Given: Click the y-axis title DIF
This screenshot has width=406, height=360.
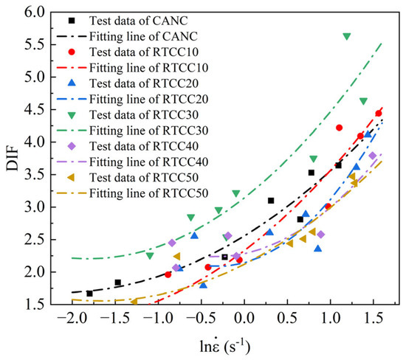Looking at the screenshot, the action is point(13,159).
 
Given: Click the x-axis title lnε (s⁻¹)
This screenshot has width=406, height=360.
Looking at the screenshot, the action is point(225,346).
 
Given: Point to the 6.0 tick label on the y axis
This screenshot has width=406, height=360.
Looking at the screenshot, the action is point(35,12).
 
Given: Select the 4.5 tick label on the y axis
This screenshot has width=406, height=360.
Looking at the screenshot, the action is point(35,110).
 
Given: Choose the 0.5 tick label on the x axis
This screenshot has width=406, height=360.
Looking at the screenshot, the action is point(287,318).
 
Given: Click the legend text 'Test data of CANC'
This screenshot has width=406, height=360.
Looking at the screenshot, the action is point(139,21).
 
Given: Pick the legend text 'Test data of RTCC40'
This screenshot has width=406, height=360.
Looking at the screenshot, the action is point(144,146).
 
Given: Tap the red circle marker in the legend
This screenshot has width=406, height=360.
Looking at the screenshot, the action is point(72,52).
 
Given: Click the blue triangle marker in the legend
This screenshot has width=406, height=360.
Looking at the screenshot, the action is point(72,83).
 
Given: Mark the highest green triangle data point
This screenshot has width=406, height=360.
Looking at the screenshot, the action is point(347,36).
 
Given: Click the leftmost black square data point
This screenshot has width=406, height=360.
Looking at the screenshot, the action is point(89,294).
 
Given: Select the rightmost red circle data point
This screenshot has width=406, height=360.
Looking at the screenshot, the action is point(379,114).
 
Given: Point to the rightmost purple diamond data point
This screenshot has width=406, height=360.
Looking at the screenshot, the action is point(373,156).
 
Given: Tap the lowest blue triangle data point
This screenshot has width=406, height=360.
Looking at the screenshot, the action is point(203,285).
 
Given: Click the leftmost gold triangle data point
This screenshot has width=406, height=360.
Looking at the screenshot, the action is point(134,302).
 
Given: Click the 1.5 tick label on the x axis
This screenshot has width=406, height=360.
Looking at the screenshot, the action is point(373,318).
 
